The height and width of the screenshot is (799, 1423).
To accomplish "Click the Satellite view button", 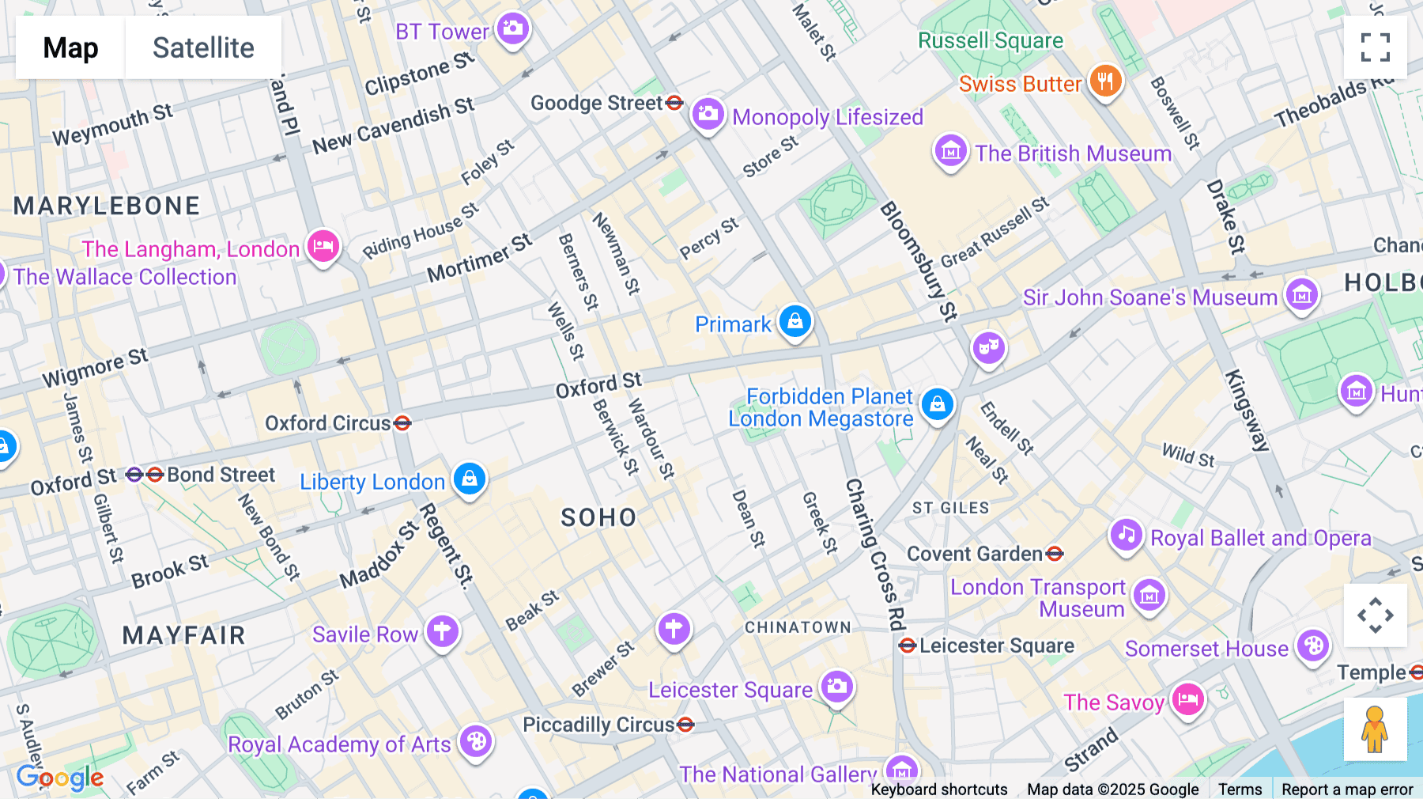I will [x=203, y=47].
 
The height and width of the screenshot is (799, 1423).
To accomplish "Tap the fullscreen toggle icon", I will [x=1375, y=47].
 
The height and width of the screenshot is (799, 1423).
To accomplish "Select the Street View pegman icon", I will [x=1375, y=729].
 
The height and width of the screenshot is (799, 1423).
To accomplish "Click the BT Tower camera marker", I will [x=513, y=29].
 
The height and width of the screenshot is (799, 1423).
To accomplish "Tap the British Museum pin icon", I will [x=950, y=150].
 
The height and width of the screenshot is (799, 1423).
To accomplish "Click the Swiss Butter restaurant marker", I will [x=1105, y=81].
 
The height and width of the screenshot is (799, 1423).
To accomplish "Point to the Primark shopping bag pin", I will [x=795, y=321].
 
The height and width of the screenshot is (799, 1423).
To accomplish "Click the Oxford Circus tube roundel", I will [x=402, y=423].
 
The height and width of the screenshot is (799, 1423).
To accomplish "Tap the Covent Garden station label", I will [x=974, y=554].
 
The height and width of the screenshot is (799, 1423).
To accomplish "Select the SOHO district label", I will [x=598, y=517].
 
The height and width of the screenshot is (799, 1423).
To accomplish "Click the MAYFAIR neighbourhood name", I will [x=183, y=635].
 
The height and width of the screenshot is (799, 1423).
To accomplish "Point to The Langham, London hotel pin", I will [x=323, y=246].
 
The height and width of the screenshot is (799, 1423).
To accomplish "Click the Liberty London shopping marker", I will [x=470, y=479].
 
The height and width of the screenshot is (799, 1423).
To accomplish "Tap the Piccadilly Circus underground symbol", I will [x=685, y=725].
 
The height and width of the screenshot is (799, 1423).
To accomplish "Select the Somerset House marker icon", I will [x=1313, y=646].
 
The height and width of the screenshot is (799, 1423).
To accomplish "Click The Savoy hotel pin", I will [x=1187, y=699].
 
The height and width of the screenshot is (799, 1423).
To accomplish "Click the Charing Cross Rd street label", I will [x=875, y=554].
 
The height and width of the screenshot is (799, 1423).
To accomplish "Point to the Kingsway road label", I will [x=1247, y=411].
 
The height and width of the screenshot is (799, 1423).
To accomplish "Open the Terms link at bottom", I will [x=1240, y=790].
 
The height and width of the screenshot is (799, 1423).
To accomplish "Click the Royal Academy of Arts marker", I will [x=476, y=742].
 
